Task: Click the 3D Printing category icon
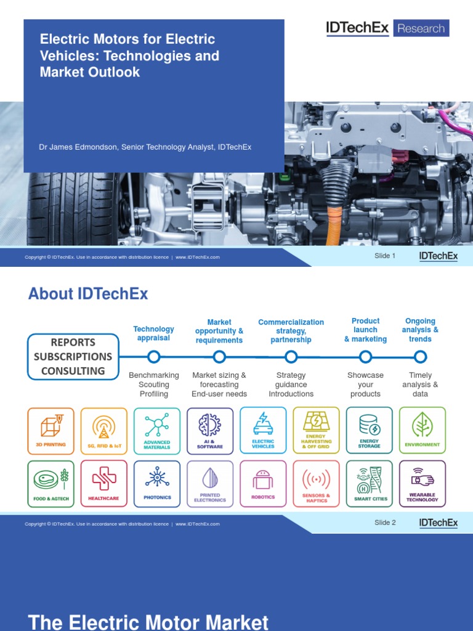coord(51,431)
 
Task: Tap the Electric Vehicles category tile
coord(263,431)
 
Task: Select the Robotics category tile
coord(263,484)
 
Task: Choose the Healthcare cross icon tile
coord(104,484)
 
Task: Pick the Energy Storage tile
coord(369,431)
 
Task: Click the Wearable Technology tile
coord(422,484)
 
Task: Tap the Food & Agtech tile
coord(51,484)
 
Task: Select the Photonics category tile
coord(157,484)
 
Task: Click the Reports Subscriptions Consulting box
coord(73,357)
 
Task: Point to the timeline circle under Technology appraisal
coord(154,356)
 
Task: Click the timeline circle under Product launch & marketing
coord(365,357)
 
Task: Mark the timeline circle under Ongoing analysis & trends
coord(420,357)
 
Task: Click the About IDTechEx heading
coord(88,294)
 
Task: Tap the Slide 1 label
coord(385,256)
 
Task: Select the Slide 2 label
coord(385,523)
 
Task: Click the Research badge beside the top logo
coord(421,28)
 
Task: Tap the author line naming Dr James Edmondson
coord(145,147)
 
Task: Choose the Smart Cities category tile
coord(369,484)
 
